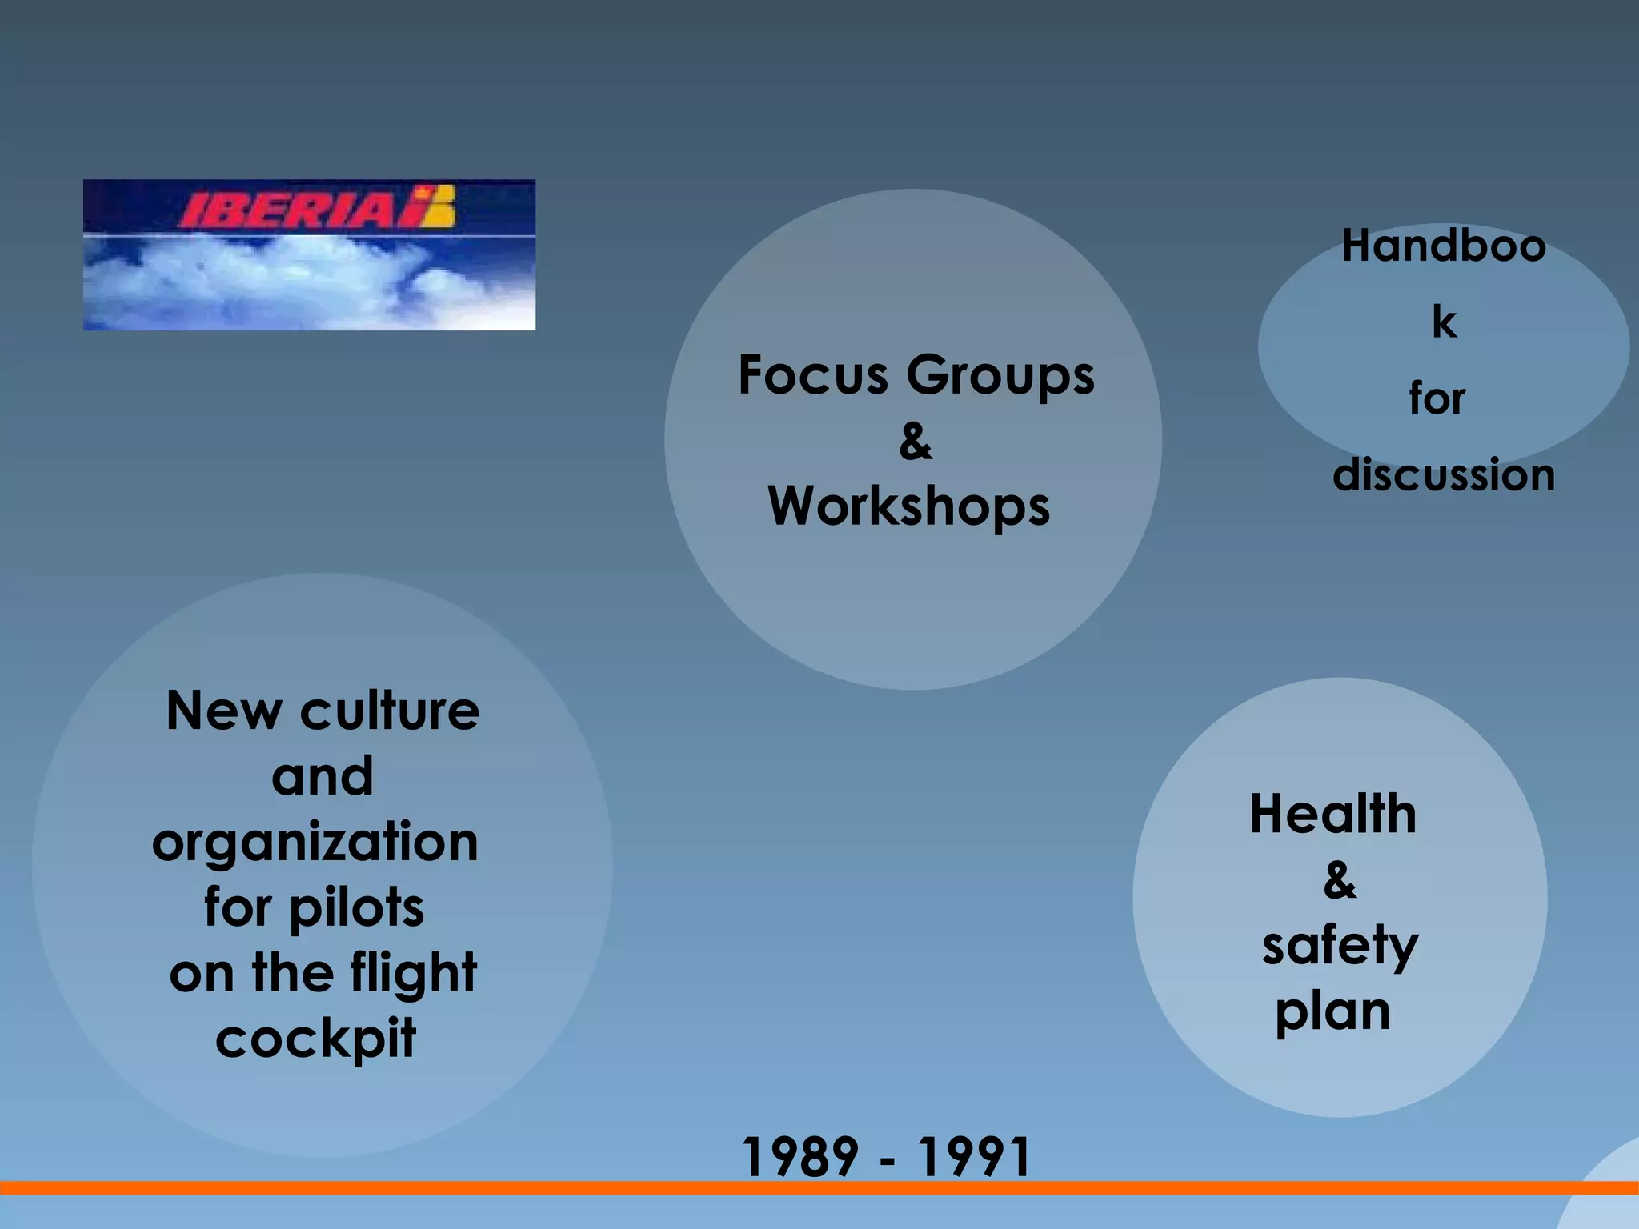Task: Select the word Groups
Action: [1000, 376]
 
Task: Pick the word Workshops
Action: [908, 507]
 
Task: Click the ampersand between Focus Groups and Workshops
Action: [916, 442]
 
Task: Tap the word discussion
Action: [1444, 474]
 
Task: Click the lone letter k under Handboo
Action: [1444, 322]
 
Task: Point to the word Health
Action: [1332, 814]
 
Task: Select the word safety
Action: [1340, 947]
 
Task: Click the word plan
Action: [1332, 1012]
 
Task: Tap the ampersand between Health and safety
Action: [1340, 880]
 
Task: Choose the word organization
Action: [315, 843]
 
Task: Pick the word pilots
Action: [356, 908]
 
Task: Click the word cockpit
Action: [315, 1039]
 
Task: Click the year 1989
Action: [800, 1157]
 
